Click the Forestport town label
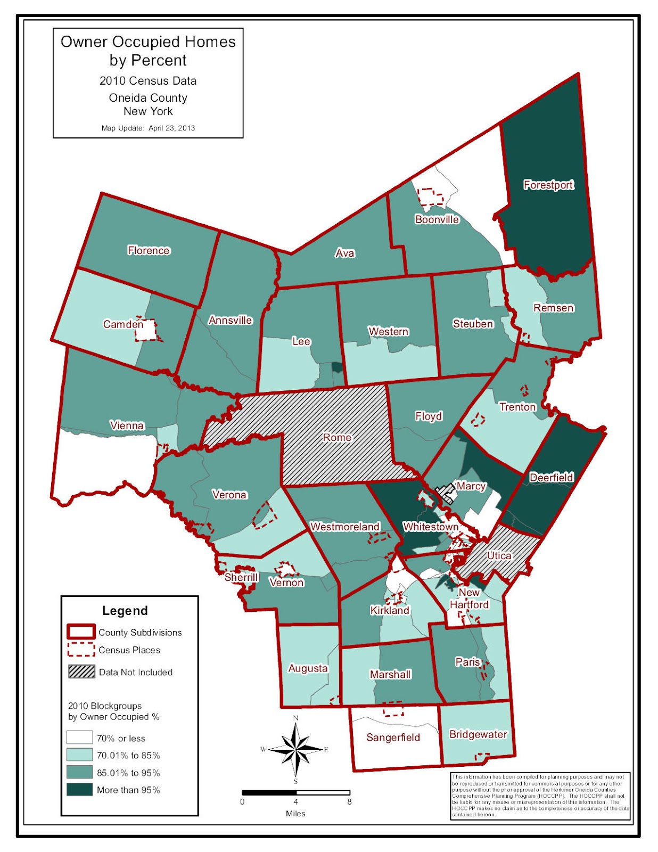548,185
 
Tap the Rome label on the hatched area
337,437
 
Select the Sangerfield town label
393,738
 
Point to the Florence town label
149,250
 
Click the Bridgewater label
478,734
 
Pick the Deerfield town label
552,477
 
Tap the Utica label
499,555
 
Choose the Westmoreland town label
345,527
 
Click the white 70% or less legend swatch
79,738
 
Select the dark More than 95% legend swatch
79,790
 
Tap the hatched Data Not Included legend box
81,671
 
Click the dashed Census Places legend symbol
81,650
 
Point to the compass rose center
295,749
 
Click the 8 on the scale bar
349,801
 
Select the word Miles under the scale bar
295,814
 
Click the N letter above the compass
296,718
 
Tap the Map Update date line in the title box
148,128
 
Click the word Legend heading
125,611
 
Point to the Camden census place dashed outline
146,330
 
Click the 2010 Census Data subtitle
148,81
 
